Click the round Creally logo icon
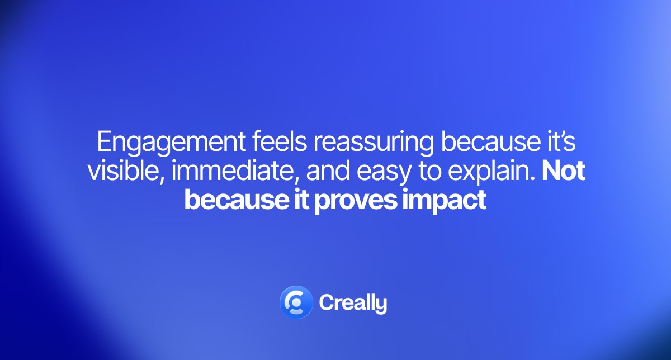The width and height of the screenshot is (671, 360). [x=295, y=302]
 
